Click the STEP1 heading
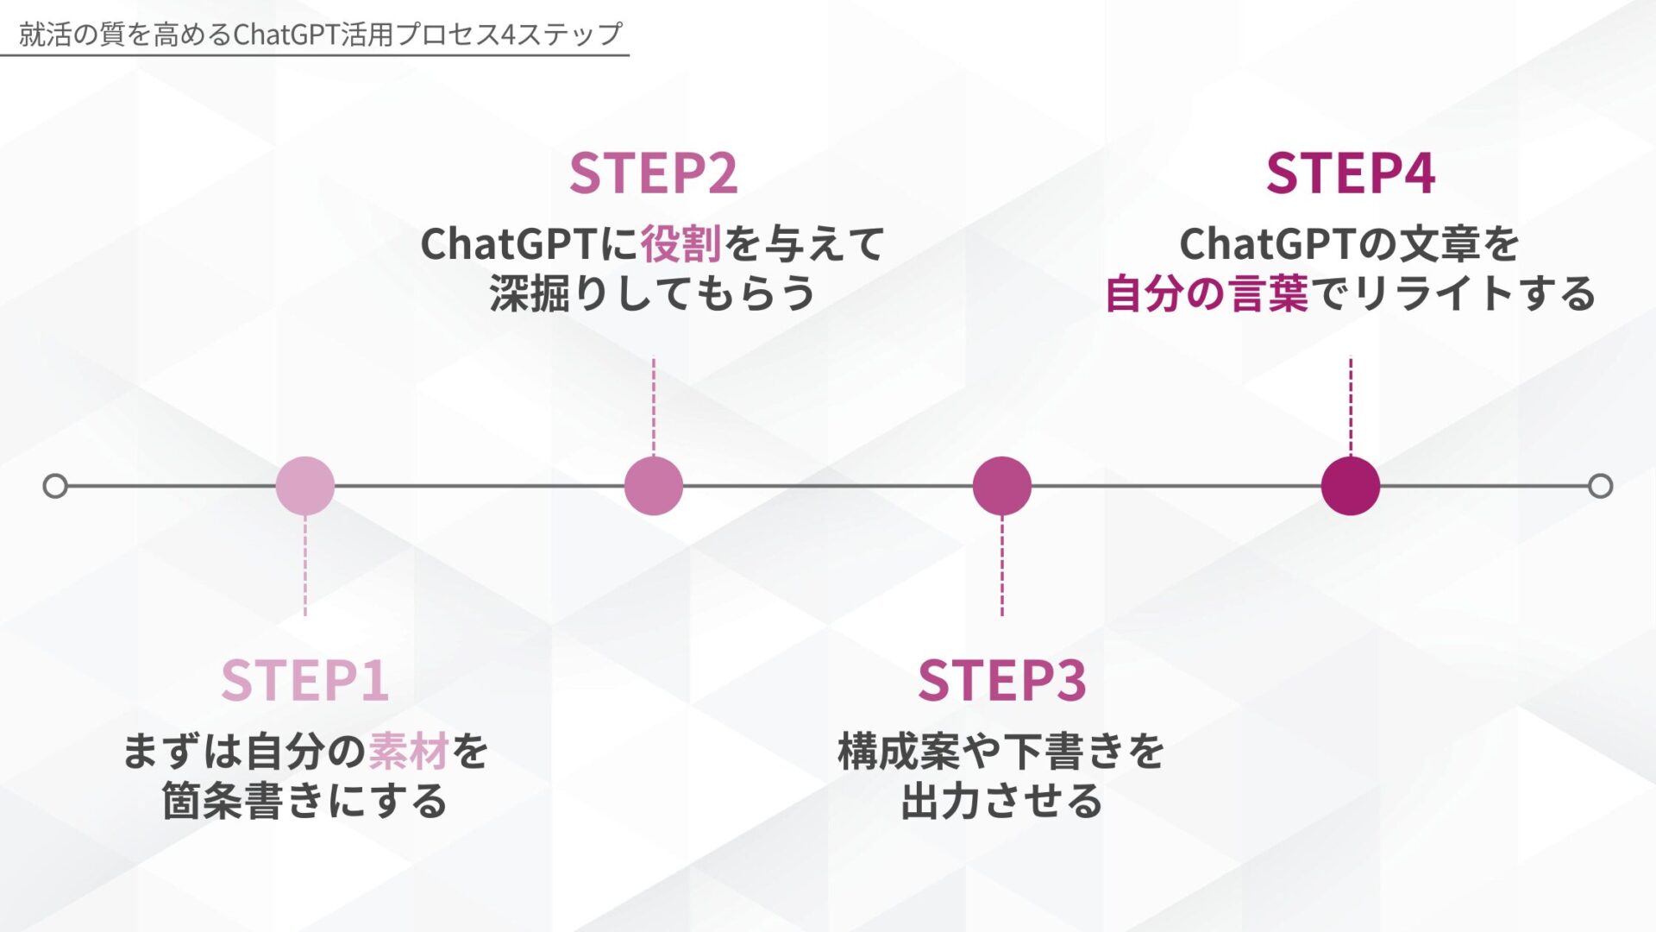click(x=304, y=681)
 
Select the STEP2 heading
click(x=653, y=173)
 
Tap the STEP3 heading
click(x=1001, y=681)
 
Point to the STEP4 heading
click(x=1350, y=173)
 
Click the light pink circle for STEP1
click(x=305, y=486)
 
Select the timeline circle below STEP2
click(x=654, y=486)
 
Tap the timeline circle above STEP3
click(x=1002, y=486)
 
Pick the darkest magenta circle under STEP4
click(x=1351, y=486)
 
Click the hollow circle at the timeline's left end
click(x=55, y=486)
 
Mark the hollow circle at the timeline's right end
click(x=1601, y=486)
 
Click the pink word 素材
click(x=409, y=752)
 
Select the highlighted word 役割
click(x=681, y=244)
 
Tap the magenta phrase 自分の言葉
click(x=1207, y=294)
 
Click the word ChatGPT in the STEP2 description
click(x=509, y=244)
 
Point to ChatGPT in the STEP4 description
click(x=1268, y=244)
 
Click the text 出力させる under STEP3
click(x=1001, y=802)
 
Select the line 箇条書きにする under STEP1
click(x=304, y=802)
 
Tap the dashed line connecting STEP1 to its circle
click(x=305, y=565)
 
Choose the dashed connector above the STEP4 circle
click(x=1351, y=406)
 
